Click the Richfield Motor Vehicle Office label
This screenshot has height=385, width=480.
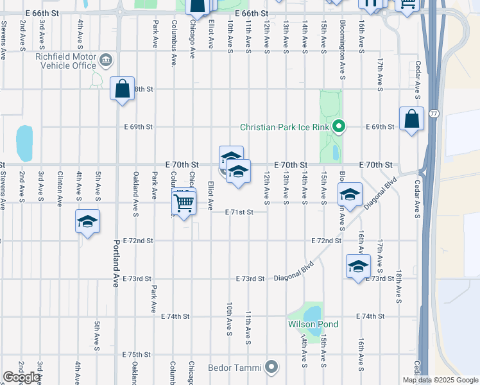point(65,61)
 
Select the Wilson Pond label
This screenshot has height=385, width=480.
point(313,324)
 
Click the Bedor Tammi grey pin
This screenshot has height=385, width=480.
point(271,368)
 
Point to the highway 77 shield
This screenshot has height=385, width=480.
point(434,114)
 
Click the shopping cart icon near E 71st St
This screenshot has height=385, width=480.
point(184,203)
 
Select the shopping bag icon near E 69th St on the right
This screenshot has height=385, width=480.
point(411,119)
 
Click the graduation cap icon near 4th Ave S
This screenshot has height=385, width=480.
point(87,222)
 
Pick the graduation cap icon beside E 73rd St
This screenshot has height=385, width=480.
point(358,266)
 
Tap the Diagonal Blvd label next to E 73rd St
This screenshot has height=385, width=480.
point(294,270)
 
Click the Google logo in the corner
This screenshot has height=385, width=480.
point(21,377)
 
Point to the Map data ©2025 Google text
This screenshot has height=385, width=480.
point(441,380)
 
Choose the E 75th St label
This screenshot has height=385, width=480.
point(135,354)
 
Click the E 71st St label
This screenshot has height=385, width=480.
point(239,212)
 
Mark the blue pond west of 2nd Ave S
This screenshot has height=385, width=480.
point(24,143)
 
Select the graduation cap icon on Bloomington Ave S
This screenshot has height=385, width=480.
point(350,195)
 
